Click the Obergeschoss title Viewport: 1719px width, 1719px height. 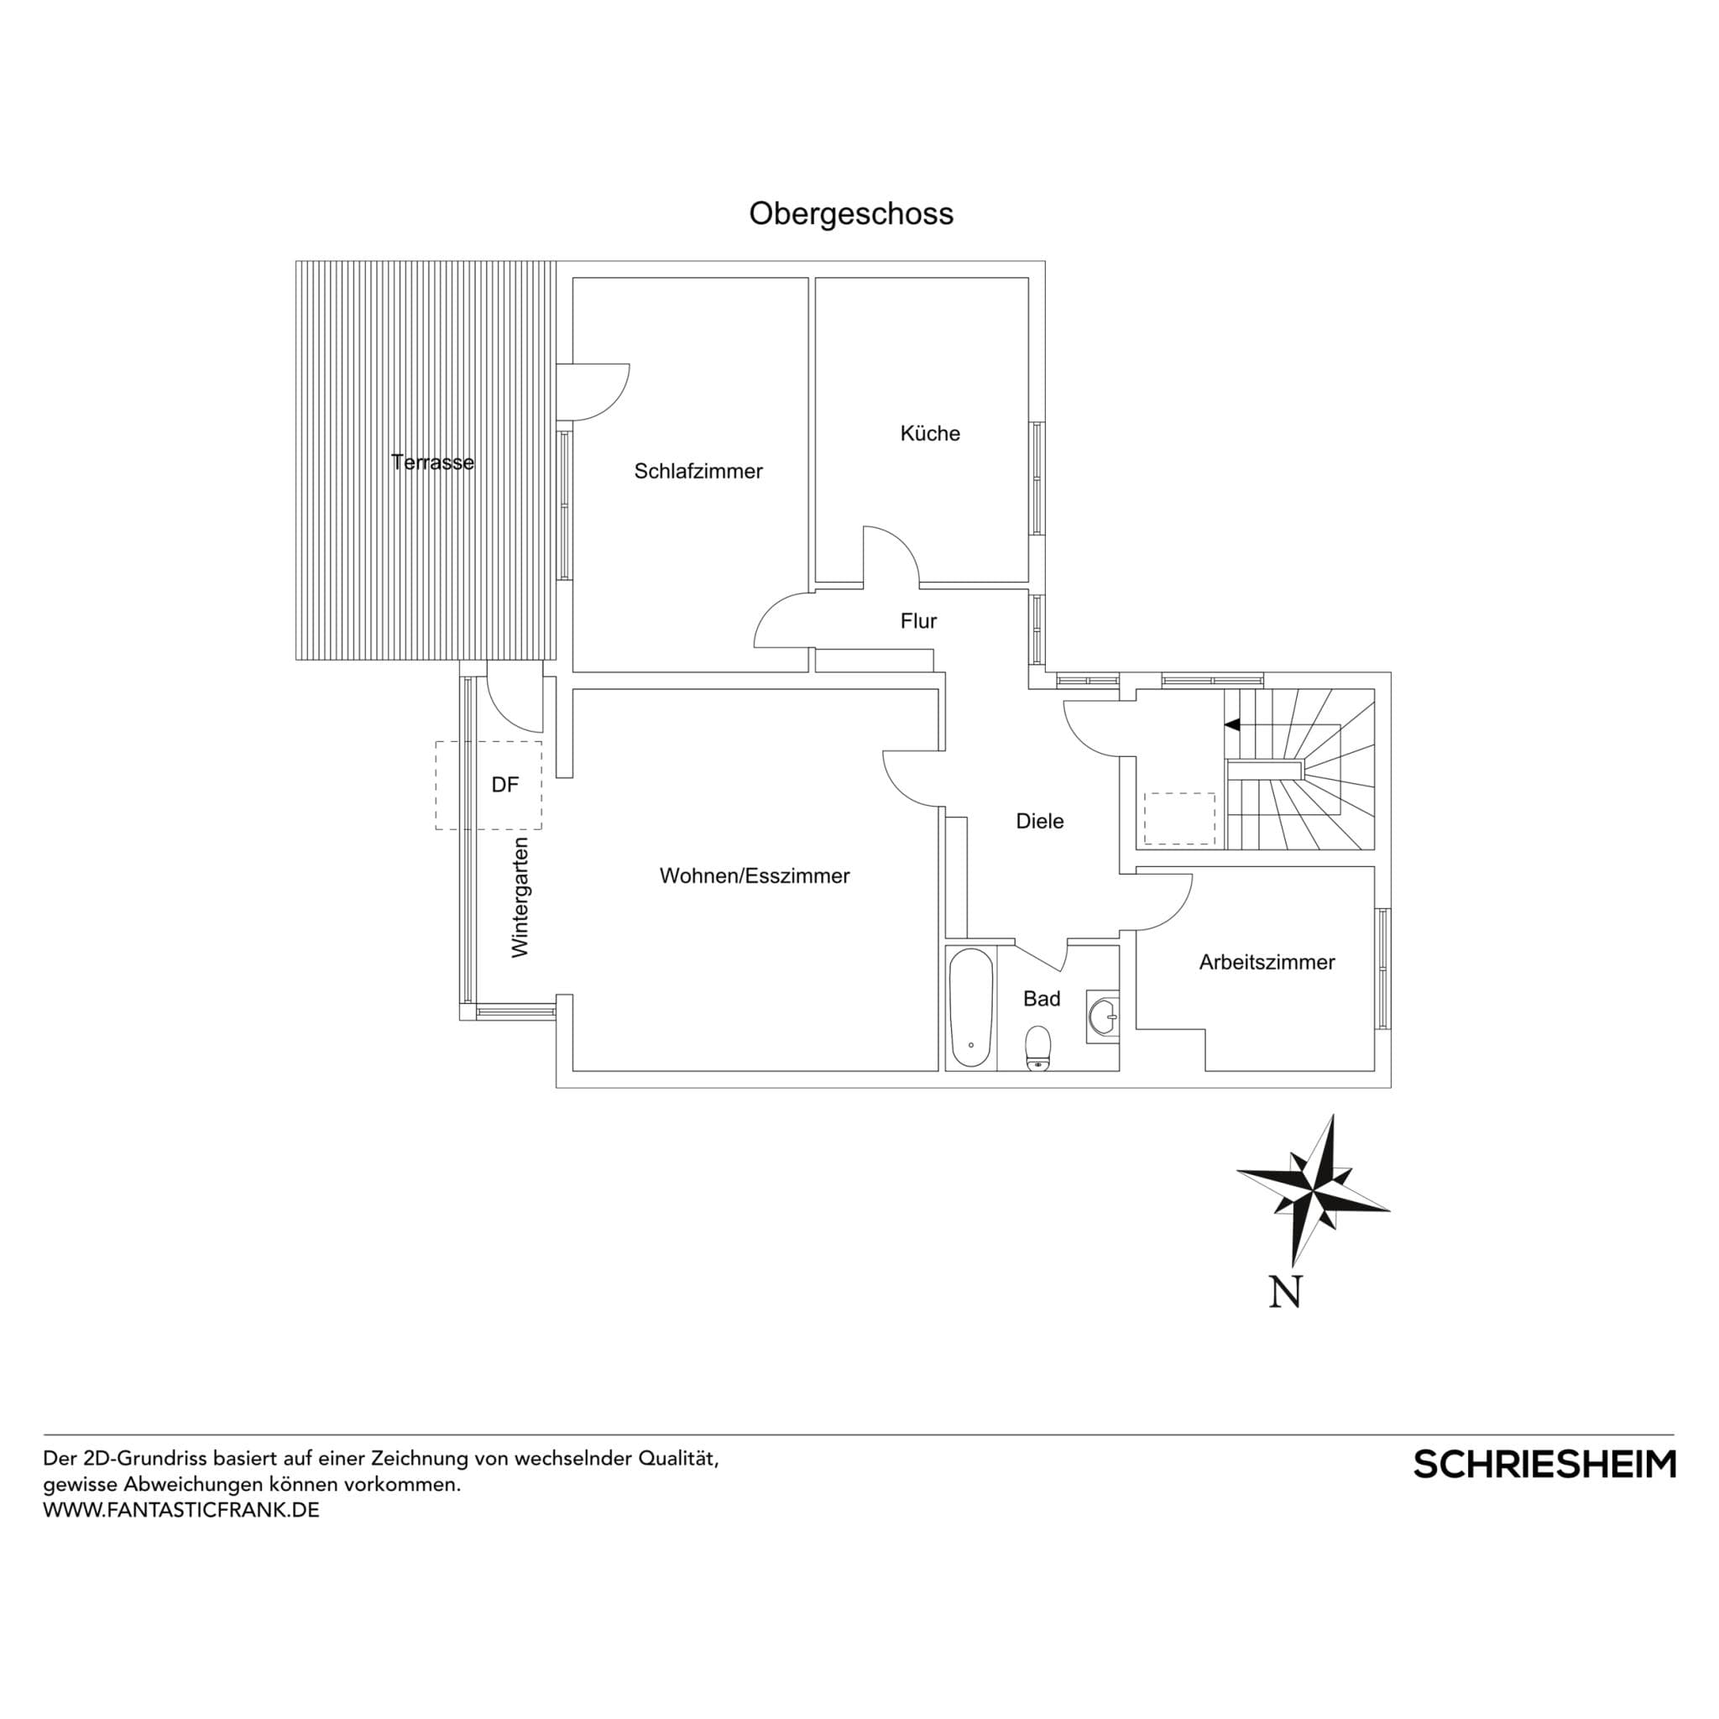[850, 213]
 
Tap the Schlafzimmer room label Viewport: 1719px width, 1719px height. [698, 472]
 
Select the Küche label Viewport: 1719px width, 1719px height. [930, 433]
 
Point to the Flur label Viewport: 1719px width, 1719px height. [918, 621]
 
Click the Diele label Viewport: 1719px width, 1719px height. [1039, 821]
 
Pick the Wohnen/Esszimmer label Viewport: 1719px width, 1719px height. [755, 876]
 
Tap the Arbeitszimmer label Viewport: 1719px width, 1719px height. [1266, 962]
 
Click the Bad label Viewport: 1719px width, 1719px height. [1041, 999]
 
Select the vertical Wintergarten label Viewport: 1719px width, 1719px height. [520, 897]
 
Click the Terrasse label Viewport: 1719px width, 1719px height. [432, 462]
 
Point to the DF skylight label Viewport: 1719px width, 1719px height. [504, 785]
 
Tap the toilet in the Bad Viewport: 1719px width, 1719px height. [1037, 1048]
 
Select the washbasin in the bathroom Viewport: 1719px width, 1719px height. [1103, 1016]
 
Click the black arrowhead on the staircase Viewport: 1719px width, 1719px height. [1232, 725]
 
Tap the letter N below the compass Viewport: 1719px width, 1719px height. [1285, 1293]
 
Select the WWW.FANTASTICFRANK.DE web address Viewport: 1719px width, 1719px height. [180, 1510]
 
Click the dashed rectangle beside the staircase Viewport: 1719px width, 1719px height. [1179, 818]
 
